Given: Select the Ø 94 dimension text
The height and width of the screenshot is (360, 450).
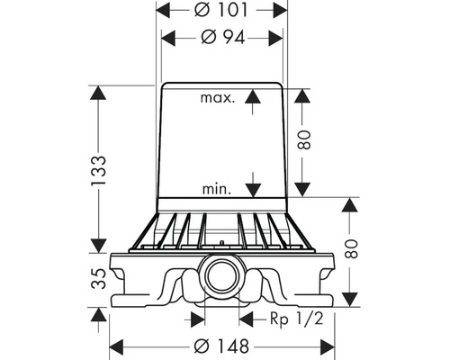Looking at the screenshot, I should pyautogui.click(x=221, y=38).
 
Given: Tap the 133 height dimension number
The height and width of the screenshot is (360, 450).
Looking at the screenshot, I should pyautogui.click(x=98, y=167).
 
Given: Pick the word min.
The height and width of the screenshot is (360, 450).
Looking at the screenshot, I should pyautogui.click(x=217, y=189).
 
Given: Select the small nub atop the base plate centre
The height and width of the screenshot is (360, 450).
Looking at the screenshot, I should pyautogui.click(x=221, y=243).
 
